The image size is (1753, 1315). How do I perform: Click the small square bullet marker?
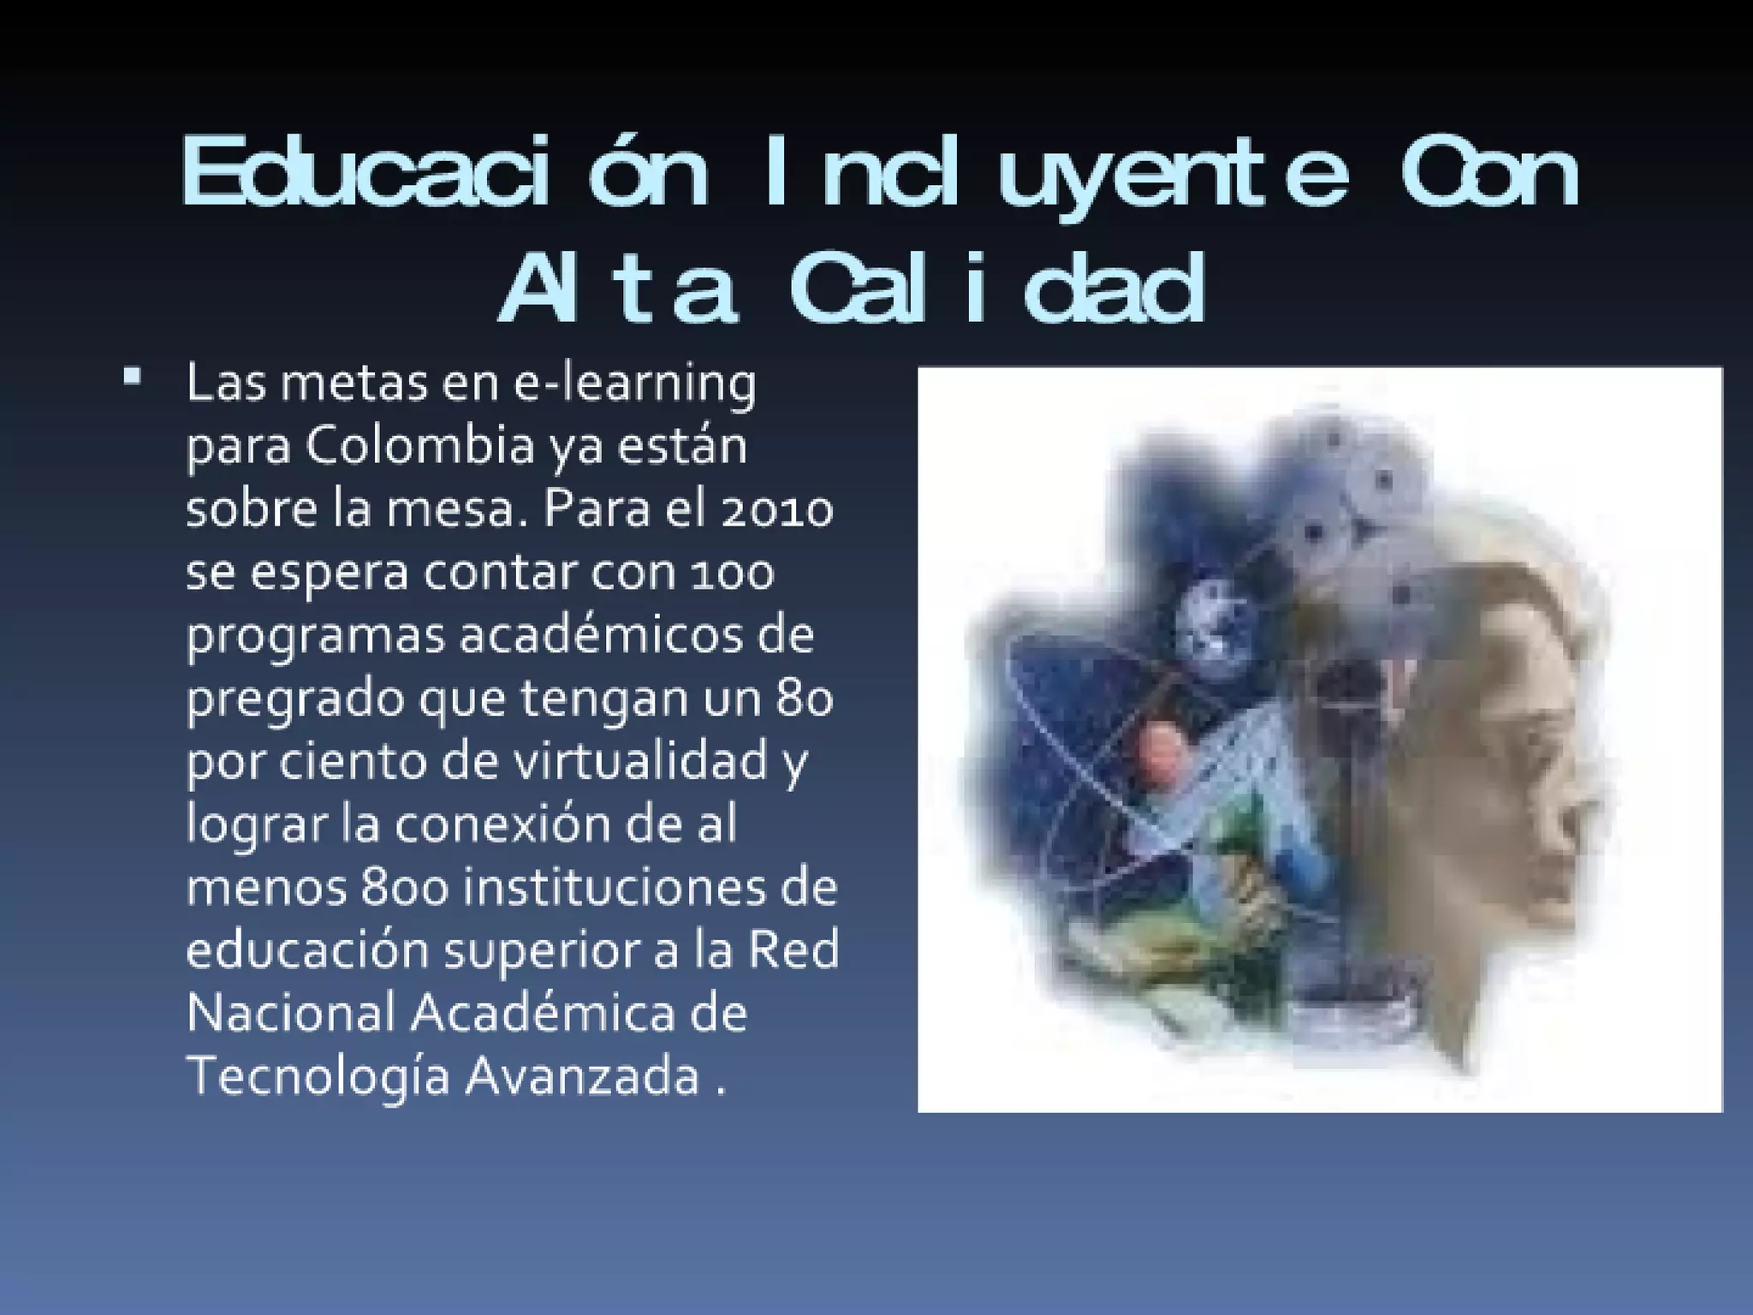[132, 377]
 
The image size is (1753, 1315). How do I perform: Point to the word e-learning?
[634, 384]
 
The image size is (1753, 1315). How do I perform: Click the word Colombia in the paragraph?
[419, 447]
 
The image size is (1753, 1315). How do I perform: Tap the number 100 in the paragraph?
[733, 573]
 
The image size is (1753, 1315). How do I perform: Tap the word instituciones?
[604, 889]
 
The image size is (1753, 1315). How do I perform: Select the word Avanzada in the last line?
[582, 1076]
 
